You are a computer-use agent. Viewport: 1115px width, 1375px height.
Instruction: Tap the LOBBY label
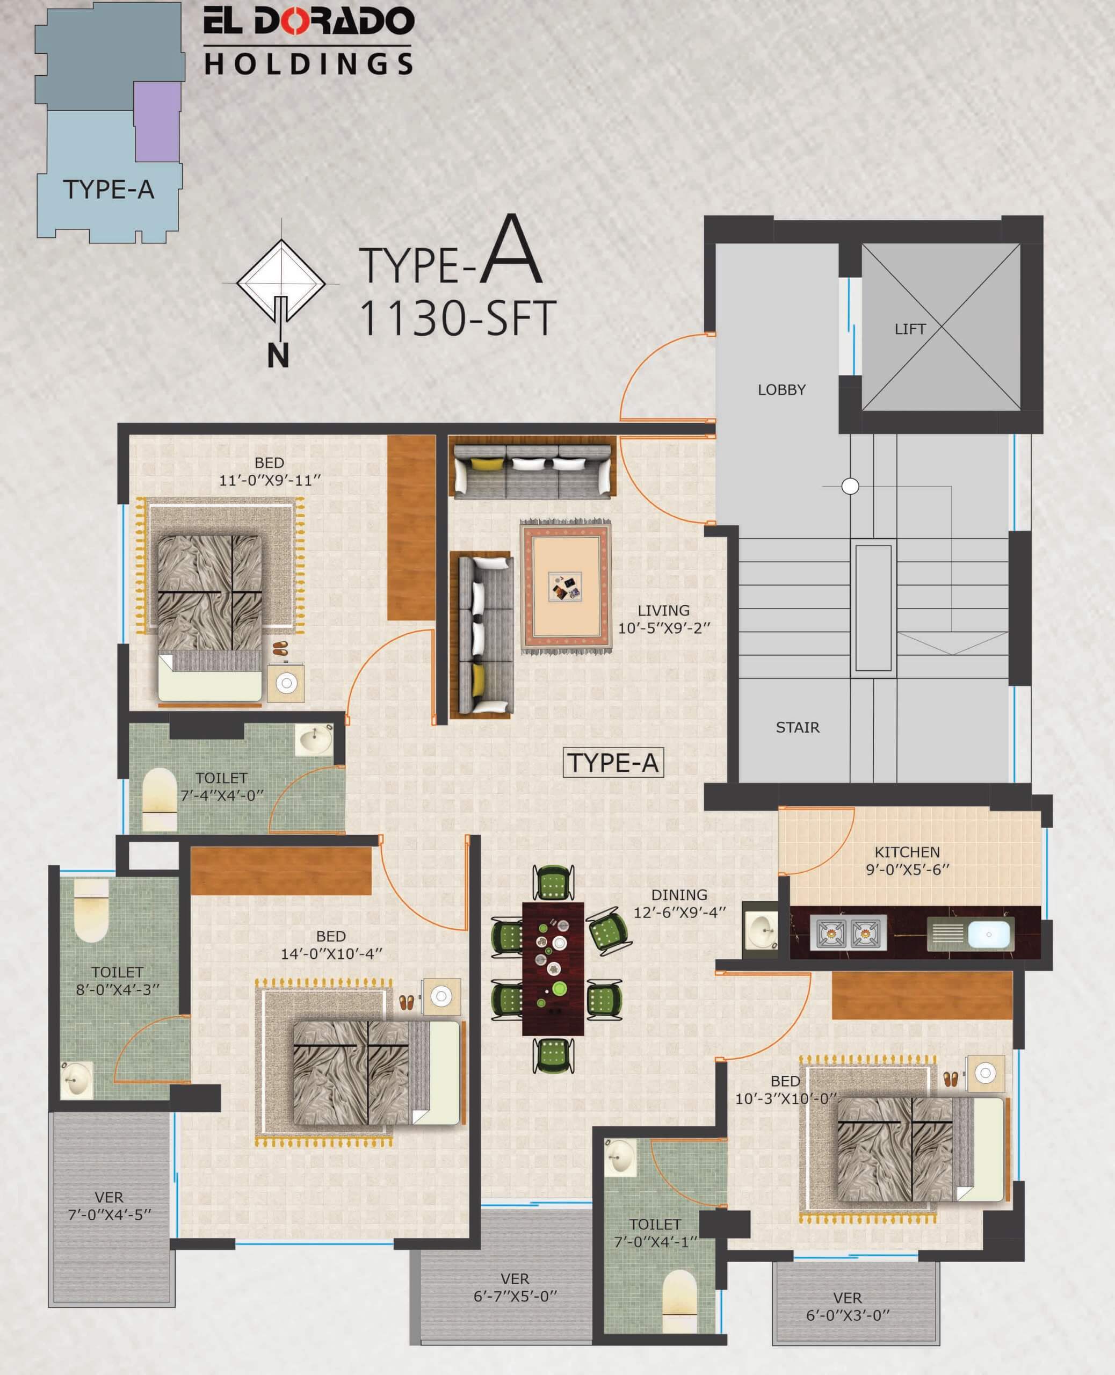(x=781, y=390)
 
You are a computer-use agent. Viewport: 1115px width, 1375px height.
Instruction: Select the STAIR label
(x=797, y=728)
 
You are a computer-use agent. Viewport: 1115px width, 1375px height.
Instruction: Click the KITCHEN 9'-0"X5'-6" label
(x=907, y=860)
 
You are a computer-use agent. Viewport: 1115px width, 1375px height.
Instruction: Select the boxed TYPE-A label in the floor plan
(x=613, y=763)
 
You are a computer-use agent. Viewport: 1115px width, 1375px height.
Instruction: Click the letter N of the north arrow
(x=278, y=355)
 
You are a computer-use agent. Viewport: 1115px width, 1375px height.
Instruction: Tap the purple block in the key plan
(x=157, y=122)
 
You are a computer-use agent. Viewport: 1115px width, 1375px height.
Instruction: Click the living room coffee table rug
(x=565, y=587)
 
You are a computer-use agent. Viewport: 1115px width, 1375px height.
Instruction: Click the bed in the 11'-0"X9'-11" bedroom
(x=209, y=618)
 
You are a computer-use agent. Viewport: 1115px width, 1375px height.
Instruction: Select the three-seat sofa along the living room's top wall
(x=532, y=471)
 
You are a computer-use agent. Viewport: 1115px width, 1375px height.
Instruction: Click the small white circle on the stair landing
(x=850, y=486)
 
